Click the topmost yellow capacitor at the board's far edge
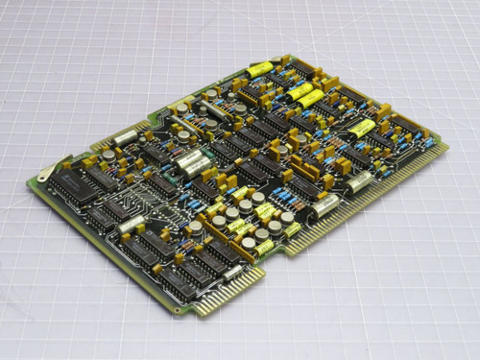click(x=260, y=69)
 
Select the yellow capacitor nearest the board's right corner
click(x=362, y=128)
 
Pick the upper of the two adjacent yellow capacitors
click(x=299, y=89)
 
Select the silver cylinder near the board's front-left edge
click(x=129, y=225)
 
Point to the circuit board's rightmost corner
click(x=448, y=145)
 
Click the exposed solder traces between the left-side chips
click(x=144, y=206)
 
